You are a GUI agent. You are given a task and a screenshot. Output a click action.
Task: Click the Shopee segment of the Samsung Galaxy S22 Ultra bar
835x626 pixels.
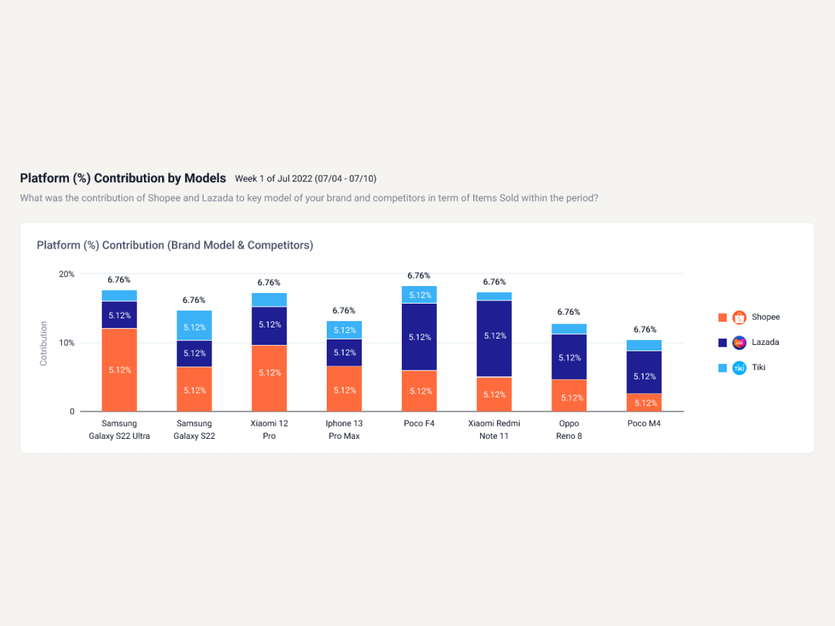coord(119,369)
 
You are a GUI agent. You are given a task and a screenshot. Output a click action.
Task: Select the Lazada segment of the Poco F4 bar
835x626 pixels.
coord(419,337)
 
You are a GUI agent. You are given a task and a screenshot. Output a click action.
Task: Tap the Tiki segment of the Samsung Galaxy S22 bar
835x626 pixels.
coord(194,326)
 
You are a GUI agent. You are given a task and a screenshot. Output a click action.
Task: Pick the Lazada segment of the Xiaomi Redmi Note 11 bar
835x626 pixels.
coord(494,338)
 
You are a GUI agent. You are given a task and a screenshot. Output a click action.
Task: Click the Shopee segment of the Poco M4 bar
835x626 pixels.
coord(644,403)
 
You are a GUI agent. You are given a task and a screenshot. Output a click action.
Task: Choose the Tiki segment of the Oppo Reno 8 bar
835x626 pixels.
coord(569,329)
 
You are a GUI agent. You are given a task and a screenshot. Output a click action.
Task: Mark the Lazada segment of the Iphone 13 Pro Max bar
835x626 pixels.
coord(344,352)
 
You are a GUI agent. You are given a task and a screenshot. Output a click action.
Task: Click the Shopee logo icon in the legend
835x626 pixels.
coord(739,317)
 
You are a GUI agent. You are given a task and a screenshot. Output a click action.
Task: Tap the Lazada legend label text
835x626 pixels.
coord(765,342)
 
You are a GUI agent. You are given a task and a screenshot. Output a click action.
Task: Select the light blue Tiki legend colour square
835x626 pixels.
coord(722,368)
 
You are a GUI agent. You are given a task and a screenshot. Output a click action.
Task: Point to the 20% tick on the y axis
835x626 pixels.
coord(67,274)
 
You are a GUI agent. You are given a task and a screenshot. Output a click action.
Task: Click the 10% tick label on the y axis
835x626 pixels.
coord(67,343)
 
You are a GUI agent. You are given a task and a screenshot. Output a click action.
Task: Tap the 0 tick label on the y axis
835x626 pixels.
coord(72,411)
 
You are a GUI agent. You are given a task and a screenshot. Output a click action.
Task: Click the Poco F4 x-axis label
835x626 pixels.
coord(419,424)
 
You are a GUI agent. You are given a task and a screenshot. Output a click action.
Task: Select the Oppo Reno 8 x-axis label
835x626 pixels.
coord(569,430)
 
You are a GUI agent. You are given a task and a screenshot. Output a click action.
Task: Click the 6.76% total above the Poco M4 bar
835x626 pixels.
coord(645,329)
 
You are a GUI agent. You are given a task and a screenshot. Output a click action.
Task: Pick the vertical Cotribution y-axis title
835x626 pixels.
coord(44,343)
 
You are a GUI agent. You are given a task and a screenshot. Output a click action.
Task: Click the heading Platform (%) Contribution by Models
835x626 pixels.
coord(123,178)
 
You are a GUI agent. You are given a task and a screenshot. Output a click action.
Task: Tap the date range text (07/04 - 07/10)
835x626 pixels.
coord(346,179)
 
